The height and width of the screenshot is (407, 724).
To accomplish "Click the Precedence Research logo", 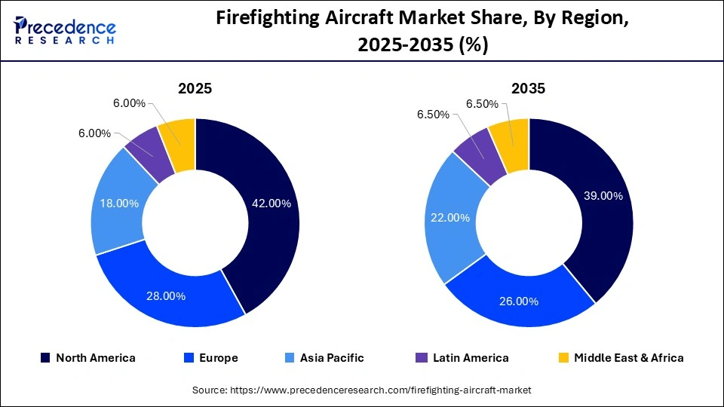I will pyautogui.click(x=65, y=29).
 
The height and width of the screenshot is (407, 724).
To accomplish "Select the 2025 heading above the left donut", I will pyautogui.click(x=195, y=88).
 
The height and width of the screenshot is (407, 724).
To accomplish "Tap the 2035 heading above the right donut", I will pyautogui.click(x=528, y=88).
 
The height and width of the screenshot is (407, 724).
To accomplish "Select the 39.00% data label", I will pyautogui.click(x=603, y=196).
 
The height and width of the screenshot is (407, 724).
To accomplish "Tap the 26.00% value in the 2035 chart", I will pyautogui.click(x=519, y=301).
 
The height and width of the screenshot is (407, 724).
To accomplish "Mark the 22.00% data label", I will pyautogui.click(x=449, y=218).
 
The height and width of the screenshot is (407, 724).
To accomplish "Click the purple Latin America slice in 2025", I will pyautogui.click(x=147, y=153).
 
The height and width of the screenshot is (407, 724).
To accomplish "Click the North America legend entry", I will pyautogui.click(x=88, y=358).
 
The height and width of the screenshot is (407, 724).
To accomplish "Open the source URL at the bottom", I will pyautogui.click(x=362, y=390).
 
